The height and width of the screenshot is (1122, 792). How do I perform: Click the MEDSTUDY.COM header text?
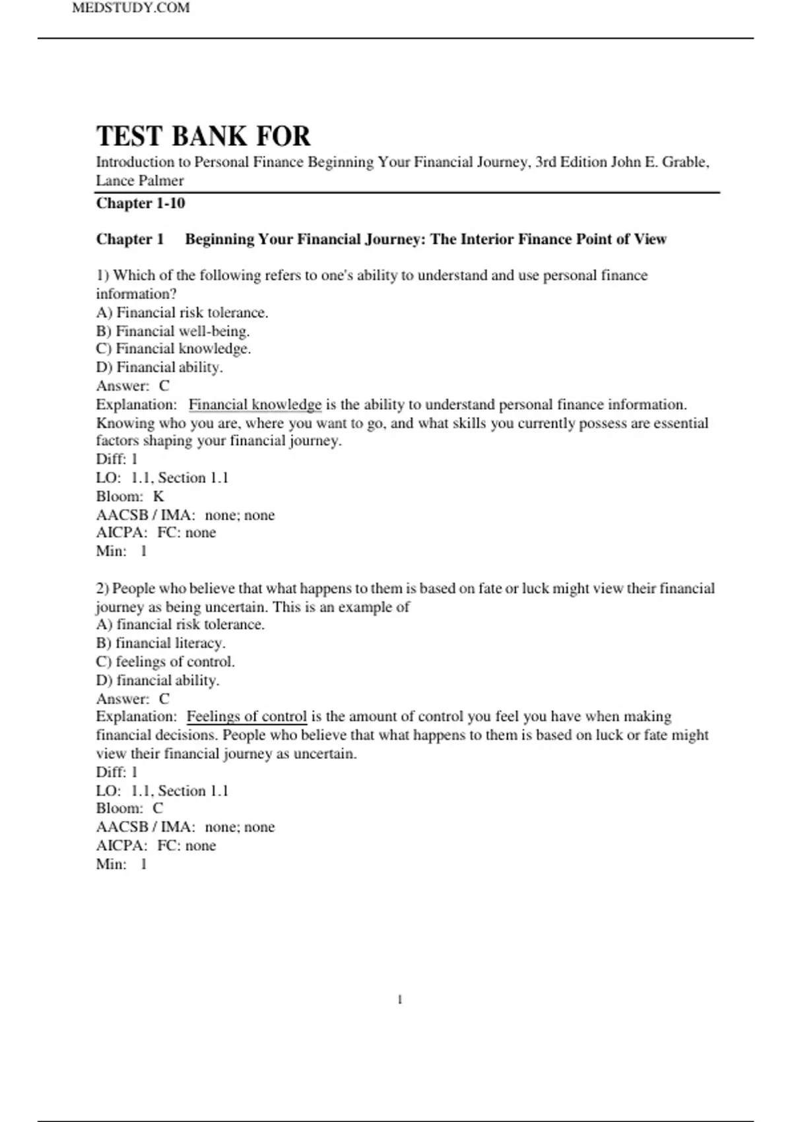[x=131, y=8]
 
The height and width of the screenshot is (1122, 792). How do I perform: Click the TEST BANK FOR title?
[x=203, y=136]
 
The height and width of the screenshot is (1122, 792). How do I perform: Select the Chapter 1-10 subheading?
[x=141, y=203]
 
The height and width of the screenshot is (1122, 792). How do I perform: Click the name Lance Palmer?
[x=140, y=180]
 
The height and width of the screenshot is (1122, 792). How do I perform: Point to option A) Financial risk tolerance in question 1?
[x=182, y=312]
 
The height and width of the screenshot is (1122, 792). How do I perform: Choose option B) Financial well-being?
[x=173, y=331]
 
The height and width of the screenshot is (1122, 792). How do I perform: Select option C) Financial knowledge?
[x=174, y=348]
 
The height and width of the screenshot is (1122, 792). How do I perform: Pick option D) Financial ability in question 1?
[x=160, y=367]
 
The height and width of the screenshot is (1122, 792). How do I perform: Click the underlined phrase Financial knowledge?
[x=255, y=404]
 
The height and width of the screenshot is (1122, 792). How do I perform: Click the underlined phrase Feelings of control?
[x=247, y=716]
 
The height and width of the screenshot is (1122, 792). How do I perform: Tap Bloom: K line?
[x=130, y=496]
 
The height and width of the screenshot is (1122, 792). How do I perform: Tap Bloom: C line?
[x=129, y=808]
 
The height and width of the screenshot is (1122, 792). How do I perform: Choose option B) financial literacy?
[x=161, y=642]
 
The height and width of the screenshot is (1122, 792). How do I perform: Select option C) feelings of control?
[x=166, y=661]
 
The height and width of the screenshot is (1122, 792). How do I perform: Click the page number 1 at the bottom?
[x=400, y=1000]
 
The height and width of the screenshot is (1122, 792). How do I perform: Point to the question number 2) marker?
[x=102, y=588]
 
